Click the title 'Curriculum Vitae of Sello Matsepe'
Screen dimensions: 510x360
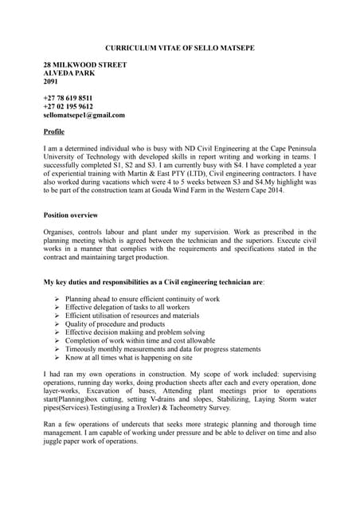(x=180, y=49)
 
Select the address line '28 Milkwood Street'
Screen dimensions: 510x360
(x=84, y=64)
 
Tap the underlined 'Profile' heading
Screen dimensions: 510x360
(x=53, y=131)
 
